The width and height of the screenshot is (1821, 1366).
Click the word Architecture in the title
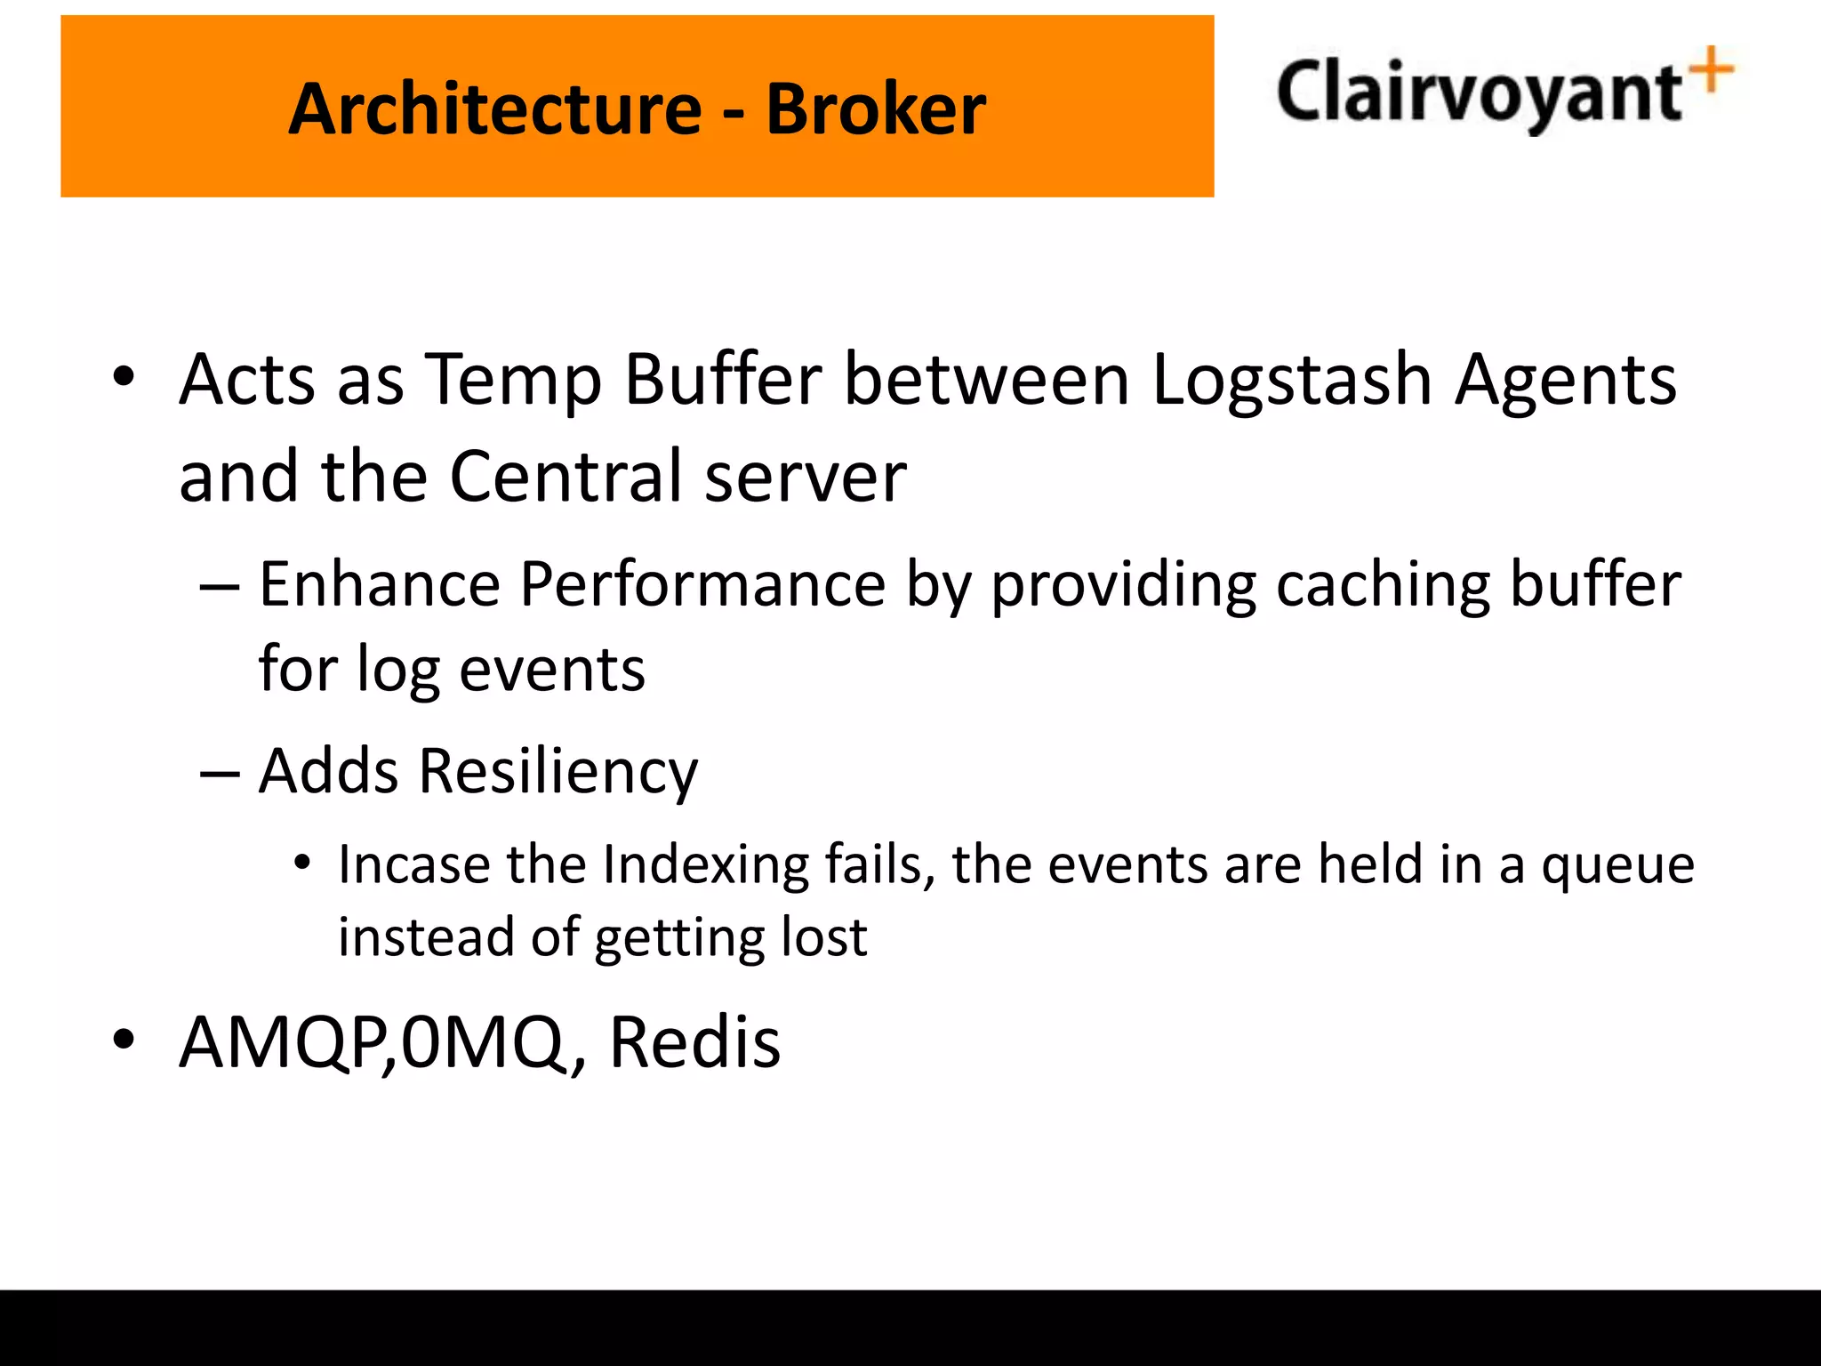pos(495,108)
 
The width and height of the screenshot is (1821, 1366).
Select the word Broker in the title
pos(876,108)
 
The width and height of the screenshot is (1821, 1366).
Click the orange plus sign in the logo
pos(1712,69)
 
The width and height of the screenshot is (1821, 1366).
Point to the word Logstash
pos(1292,381)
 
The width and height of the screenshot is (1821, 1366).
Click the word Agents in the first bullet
pos(1566,381)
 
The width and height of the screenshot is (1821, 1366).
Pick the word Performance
pos(702,584)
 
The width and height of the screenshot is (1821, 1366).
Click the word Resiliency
pos(558,771)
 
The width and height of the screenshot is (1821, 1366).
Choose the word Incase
pos(413,864)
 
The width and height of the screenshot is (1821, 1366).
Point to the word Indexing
pos(705,864)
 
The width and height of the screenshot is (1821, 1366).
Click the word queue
pos(1618,864)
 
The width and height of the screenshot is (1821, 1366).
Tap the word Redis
pos(694,1041)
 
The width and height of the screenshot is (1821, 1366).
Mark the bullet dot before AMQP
pos(124,1038)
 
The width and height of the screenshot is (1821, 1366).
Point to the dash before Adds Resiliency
pos(220,773)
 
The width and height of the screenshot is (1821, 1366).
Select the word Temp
pos(513,381)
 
